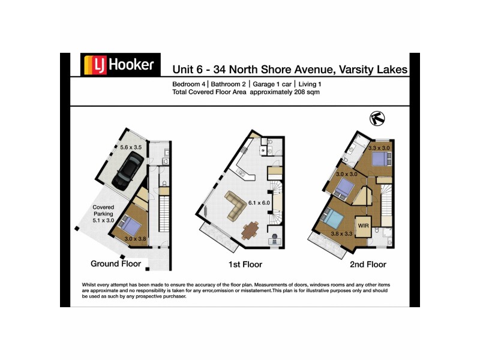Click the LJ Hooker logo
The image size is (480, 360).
click(121, 64)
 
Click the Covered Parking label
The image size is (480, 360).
click(103, 214)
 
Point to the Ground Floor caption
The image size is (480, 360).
click(115, 263)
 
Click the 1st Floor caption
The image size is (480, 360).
click(244, 264)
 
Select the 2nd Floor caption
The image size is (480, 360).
click(368, 264)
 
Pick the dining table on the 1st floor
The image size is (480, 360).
click(250, 230)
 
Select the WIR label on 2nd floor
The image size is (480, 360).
click(364, 225)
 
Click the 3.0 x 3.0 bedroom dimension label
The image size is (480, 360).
click(346, 174)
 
